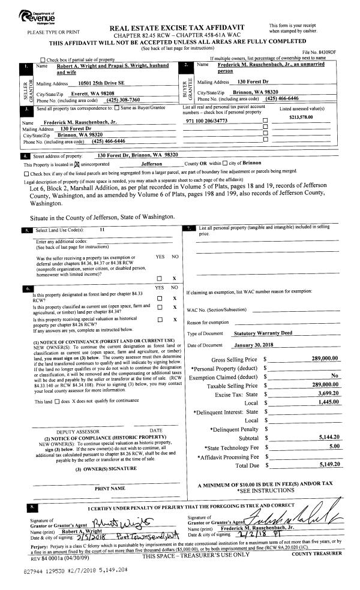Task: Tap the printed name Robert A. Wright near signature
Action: pos(83,531)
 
